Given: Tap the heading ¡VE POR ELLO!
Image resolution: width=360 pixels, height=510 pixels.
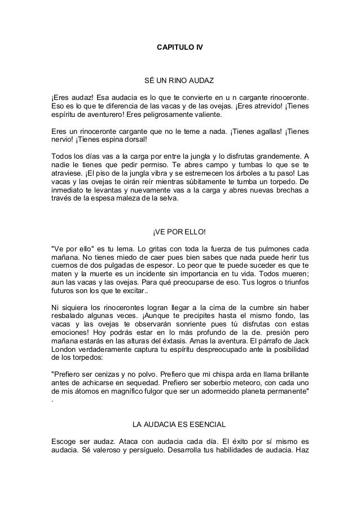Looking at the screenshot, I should click(179, 232).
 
